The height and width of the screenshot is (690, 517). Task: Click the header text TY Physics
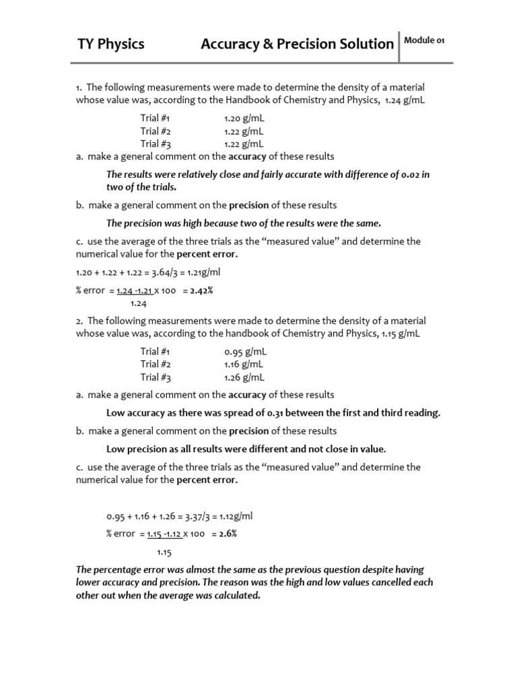pos(110,44)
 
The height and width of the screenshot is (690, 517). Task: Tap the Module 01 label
pos(424,40)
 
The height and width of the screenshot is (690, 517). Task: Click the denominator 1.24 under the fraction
pos(139,304)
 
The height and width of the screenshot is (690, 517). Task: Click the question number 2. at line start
pos(79,321)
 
